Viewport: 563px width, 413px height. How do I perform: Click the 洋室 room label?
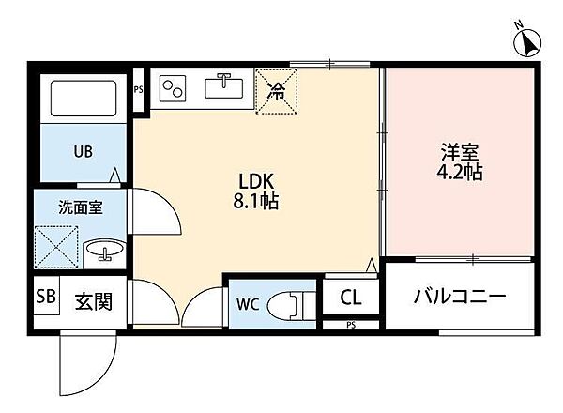tap(459, 153)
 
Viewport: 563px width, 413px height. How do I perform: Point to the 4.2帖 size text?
tap(459, 174)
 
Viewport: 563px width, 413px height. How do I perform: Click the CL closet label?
tap(351, 298)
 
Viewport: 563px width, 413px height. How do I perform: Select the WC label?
tap(247, 303)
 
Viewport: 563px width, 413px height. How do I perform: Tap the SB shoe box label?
tap(44, 298)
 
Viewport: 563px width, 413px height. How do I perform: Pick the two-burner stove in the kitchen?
tap(173, 89)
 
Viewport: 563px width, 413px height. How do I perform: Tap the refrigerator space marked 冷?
tap(277, 91)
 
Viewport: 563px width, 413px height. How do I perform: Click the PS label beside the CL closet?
tap(351, 326)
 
